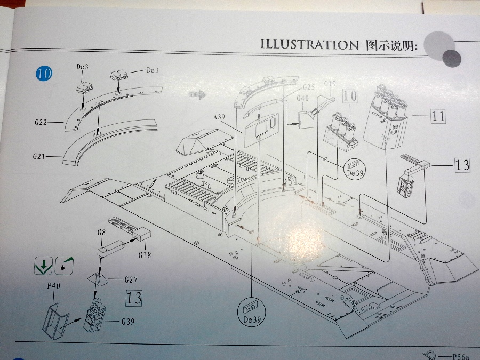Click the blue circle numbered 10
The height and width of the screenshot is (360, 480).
pyautogui.click(x=44, y=73)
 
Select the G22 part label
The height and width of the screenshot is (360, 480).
pyautogui.click(x=41, y=123)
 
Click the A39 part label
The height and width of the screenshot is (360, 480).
pyautogui.click(x=220, y=117)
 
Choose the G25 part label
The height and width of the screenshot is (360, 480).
pyautogui.click(x=309, y=86)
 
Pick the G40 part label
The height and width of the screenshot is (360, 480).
pyautogui.click(x=302, y=98)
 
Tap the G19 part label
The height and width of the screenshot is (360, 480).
pyautogui.click(x=330, y=84)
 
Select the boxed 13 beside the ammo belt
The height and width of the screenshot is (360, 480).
pyautogui.click(x=462, y=164)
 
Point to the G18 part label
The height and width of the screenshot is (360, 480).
pyautogui.click(x=145, y=255)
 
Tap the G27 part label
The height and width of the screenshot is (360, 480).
pyautogui.click(x=131, y=279)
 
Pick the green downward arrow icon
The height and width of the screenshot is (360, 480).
pyautogui.click(x=42, y=264)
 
